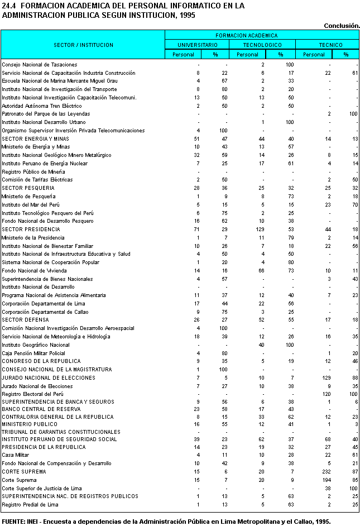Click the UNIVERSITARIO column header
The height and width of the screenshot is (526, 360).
198,45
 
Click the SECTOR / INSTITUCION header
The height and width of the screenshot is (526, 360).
83,45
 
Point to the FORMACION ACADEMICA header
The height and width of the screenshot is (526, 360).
262,35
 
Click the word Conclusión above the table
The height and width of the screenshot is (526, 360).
342,25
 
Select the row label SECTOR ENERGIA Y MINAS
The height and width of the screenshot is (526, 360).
35,138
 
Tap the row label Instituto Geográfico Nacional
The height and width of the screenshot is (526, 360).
36,345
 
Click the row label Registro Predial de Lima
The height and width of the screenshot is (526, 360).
30,505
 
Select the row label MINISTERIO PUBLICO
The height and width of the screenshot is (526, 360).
30,424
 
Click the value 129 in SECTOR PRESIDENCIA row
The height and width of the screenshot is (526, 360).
259,229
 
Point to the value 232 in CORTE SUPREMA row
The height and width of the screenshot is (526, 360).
327,472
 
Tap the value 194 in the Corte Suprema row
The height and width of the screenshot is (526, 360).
327,480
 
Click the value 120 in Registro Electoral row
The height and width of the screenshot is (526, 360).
327,394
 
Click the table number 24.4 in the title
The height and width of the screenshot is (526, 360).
8,6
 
